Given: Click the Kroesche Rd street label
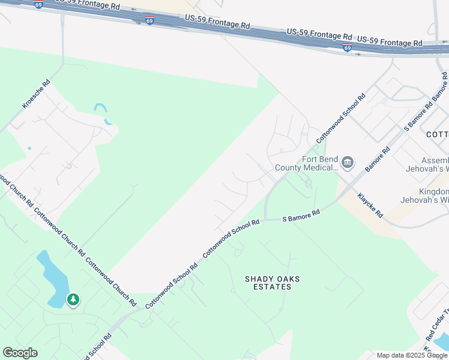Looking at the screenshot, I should coord(37,93).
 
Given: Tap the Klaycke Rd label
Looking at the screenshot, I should coord(370,205).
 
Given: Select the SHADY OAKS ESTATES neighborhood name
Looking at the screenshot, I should coord(272,283).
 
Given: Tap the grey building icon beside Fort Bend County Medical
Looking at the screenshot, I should coord(348,162).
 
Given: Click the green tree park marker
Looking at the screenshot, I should coord(73,299).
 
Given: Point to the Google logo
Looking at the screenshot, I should coord(20,353).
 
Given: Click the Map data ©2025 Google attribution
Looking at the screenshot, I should coord(412,355).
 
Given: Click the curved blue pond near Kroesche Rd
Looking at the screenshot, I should coord(103,112).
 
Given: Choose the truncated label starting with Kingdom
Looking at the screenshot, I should coord(433,194).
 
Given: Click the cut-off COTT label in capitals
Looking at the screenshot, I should coord(437,134).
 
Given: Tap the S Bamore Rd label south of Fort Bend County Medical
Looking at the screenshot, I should coord(301,217).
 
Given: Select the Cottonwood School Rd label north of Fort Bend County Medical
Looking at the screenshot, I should coord(340,116).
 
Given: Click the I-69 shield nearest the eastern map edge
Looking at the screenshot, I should coord(348,48).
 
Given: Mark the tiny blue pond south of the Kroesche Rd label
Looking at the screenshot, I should coord(29,148).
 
